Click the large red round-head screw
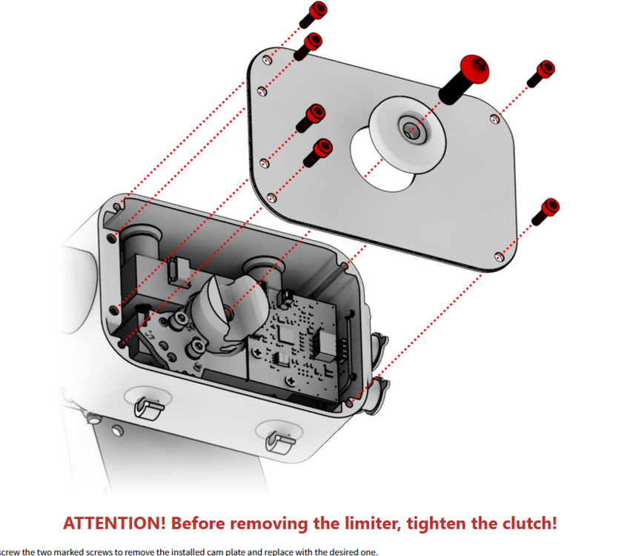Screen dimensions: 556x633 pyautogui.click(x=471, y=71)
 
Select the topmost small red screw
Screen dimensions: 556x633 pyautogui.click(x=317, y=11)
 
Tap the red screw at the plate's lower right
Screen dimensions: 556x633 pyautogui.click(x=549, y=208)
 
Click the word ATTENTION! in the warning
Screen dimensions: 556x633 pyautogui.click(x=113, y=522)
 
